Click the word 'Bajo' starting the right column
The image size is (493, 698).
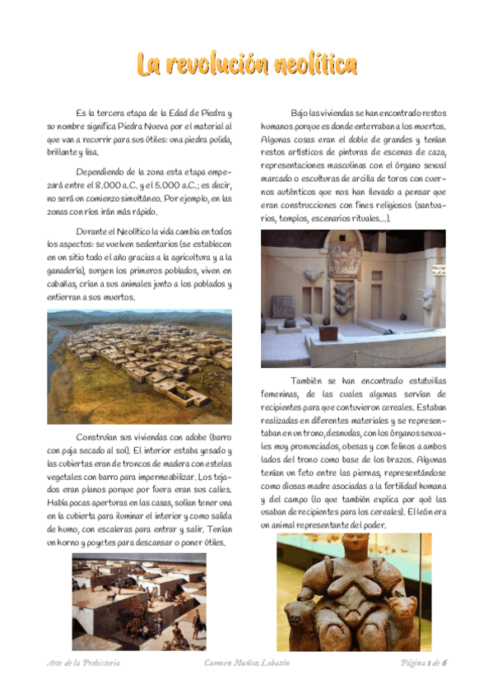coord(302,113)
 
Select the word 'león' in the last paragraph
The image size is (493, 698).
coord(425,512)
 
